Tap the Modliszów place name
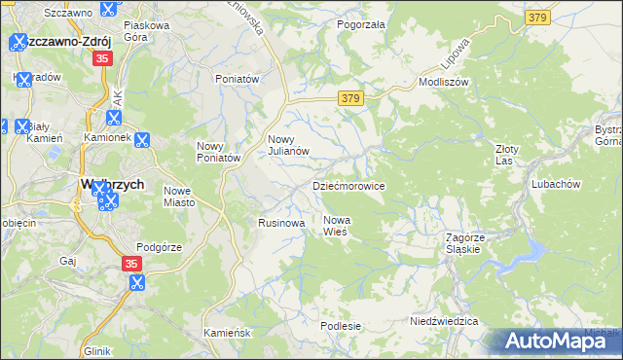point(443,83)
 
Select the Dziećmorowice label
point(348,185)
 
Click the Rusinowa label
point(281,223)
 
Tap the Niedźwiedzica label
point(443,320)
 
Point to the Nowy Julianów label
point(288,145)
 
